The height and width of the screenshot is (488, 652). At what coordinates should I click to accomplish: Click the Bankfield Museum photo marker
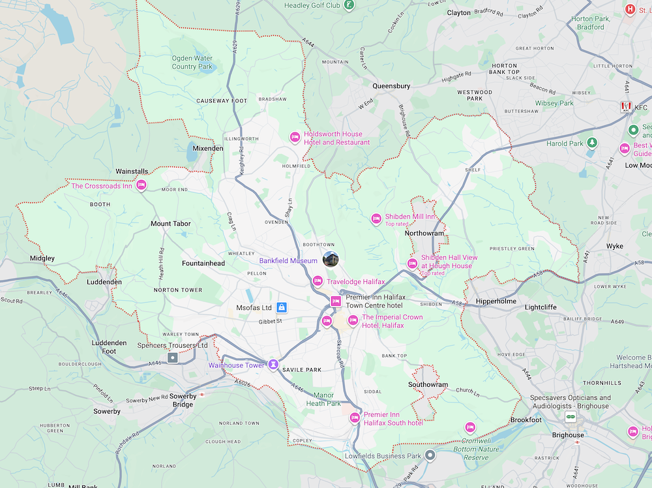point(331,259)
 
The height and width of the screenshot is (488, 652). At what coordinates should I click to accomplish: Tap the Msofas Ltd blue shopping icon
point(282,307)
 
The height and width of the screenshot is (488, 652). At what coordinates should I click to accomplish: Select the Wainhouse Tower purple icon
point(274,365)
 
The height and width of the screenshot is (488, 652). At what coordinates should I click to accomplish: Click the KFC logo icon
point(626,107)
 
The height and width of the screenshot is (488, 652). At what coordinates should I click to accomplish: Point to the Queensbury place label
point(391,85)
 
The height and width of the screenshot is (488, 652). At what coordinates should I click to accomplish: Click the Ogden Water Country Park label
point(192,62)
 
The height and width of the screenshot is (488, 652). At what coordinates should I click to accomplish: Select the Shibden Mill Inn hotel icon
point(376,218)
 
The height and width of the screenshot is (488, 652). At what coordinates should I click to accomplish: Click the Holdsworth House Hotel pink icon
point(294,137)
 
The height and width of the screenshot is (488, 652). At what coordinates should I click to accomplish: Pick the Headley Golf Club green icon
point(349,5)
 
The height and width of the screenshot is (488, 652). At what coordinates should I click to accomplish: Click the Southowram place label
point(428,384)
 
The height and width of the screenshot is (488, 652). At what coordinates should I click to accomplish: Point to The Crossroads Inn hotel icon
point(141,187)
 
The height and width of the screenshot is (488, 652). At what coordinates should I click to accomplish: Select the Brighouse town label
point(568,435)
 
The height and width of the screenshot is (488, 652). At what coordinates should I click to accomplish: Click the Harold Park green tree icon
point(592,143)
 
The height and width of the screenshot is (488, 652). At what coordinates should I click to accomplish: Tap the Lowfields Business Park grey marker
point(430,455)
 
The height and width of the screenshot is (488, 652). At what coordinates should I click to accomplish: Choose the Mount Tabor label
point(170,224)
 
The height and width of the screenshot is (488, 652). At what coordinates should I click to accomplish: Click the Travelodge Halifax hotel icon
point(318,281)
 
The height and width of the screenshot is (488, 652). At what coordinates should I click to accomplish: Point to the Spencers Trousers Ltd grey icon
point(172,358)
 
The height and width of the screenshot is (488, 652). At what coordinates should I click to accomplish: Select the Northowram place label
point(424,233)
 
